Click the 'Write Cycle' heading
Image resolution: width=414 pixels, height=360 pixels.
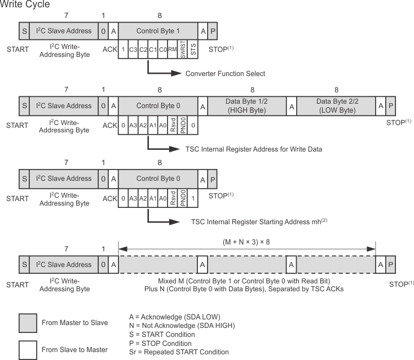pos(25,5)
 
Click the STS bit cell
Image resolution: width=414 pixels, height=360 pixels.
pos(193,49)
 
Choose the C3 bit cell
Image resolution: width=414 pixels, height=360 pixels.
pos(133,49)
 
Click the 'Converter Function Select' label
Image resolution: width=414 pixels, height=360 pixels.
pos(225,74)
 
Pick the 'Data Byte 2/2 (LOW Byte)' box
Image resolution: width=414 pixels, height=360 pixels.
pos(336,106)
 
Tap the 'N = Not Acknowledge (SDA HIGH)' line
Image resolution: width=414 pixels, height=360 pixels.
pos(182,325)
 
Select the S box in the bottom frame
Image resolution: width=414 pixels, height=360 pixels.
pos(24,265)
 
